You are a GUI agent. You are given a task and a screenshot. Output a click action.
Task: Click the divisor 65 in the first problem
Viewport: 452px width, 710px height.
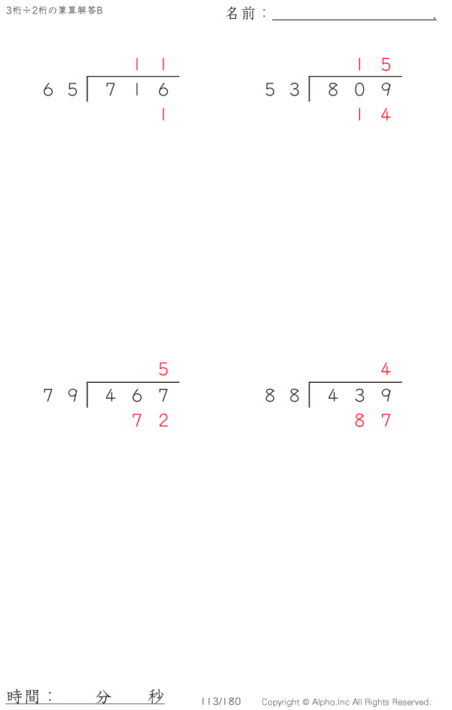(60, 90)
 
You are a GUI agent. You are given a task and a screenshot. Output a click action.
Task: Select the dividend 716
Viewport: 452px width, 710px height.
(137, 90)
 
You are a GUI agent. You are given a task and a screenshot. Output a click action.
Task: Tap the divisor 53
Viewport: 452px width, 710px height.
(282, 90)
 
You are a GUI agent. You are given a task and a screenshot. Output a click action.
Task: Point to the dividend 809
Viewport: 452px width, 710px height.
(359, 90)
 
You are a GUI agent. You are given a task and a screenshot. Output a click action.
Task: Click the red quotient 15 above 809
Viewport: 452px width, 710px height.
(373, 65)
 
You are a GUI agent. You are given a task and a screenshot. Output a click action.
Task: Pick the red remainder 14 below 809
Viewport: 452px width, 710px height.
(373, 114)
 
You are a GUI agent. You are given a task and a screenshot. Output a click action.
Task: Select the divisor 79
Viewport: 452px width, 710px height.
(60, 396)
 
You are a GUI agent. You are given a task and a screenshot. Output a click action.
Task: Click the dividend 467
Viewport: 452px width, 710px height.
(137, 396)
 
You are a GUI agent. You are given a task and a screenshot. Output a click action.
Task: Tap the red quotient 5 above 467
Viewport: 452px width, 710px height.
(163, 369)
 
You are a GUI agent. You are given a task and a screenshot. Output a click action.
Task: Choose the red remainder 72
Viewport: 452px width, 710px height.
(151, 420)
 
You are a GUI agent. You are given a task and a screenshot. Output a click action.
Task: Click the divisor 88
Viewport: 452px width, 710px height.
(282, 396)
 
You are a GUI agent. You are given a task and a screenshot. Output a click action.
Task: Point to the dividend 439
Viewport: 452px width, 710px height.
(359, 396)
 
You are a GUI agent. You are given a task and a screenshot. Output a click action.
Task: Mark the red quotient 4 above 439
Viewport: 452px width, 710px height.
(386, 369)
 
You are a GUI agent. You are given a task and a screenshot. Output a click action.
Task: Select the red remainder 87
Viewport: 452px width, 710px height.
(373, 420)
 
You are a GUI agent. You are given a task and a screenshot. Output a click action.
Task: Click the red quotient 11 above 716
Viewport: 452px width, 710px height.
(150, 65)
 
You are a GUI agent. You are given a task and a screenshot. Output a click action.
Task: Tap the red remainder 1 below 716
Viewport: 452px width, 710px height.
(163, 114)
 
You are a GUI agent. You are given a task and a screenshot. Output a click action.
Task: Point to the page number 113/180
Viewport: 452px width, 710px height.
(221, 702)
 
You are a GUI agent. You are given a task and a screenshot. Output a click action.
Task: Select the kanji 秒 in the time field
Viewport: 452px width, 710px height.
(155, 696)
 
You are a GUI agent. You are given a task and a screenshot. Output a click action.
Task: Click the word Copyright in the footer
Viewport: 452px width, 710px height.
(280, 702)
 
